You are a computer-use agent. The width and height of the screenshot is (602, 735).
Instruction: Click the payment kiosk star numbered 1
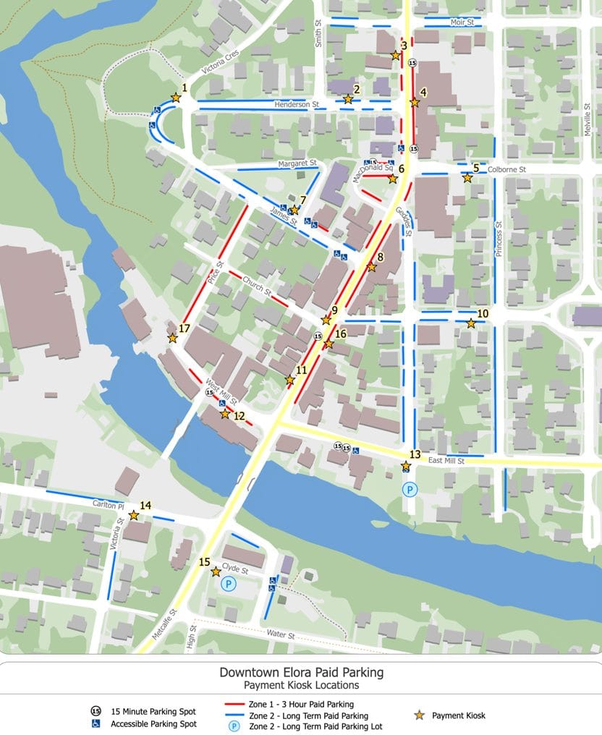coord(175,97)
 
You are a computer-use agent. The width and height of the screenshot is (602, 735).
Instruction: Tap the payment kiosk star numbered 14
coord(134,515)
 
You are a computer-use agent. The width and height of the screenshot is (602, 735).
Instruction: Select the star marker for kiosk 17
coord(172,338)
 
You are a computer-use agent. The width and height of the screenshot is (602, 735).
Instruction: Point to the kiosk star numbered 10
coord(471,323)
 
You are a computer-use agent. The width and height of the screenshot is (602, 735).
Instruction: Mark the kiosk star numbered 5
coord(467,177)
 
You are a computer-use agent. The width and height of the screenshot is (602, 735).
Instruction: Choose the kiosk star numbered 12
coord(225,414)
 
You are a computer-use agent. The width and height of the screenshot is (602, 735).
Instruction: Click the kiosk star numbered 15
coord(216,572)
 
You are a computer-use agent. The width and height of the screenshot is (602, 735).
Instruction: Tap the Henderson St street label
coord(297,105)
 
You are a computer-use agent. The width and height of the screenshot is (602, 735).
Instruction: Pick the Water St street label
coord(282,635)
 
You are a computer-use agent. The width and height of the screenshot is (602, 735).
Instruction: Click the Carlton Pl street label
coord(109,504)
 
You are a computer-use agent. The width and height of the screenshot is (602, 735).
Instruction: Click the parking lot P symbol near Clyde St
coord(229,583)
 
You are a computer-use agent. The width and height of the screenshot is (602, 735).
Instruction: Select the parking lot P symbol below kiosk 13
coord(410,490)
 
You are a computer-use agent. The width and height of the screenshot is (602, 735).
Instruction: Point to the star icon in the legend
coord(419,715)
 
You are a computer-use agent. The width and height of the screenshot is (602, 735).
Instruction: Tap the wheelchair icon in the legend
coord(95,723)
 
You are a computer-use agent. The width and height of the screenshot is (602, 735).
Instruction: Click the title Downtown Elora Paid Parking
coord(301,672)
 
